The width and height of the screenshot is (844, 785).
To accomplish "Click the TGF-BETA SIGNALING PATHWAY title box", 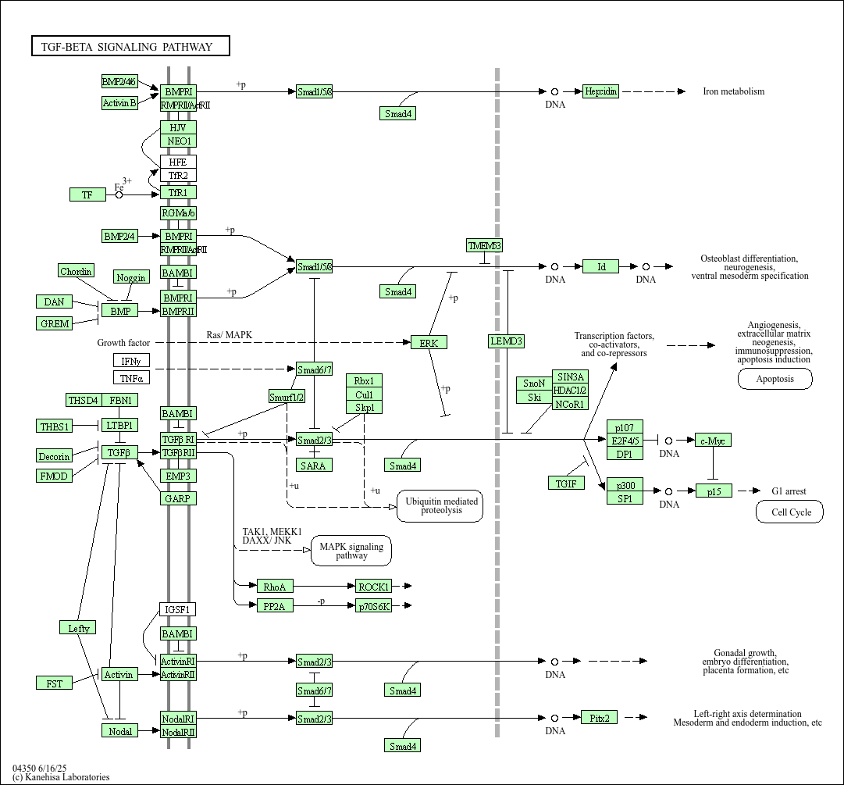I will [130, 47].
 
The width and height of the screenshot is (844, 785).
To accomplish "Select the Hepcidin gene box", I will [600, 91].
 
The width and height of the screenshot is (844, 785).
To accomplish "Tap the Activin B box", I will [119, 103].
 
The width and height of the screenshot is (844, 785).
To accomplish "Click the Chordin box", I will [77, 271].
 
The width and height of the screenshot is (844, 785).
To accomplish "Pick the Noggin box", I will [130, 277].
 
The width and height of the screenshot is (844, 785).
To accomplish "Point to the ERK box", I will [429, 342].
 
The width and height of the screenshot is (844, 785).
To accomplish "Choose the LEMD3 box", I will [506, 341].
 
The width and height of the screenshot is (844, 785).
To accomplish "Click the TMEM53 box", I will [484, 245].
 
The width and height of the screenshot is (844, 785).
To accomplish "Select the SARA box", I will [315, 465].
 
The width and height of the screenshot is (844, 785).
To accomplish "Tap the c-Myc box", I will [713, 441].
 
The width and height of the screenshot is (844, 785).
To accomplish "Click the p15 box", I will [714, 491].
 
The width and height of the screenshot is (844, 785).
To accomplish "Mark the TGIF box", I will [566, 483].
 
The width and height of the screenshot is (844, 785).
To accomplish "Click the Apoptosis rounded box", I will [775, 379].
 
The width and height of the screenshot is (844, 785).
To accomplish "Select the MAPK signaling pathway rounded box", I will [351, 551].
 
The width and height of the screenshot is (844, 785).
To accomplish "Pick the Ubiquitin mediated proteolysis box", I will [440, 506].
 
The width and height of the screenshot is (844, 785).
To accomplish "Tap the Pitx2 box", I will [599, 717].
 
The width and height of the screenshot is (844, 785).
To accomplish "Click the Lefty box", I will [78, 627].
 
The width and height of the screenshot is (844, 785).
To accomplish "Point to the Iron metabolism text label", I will [733, 91].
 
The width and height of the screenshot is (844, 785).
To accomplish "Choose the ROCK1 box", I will [373, 586].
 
